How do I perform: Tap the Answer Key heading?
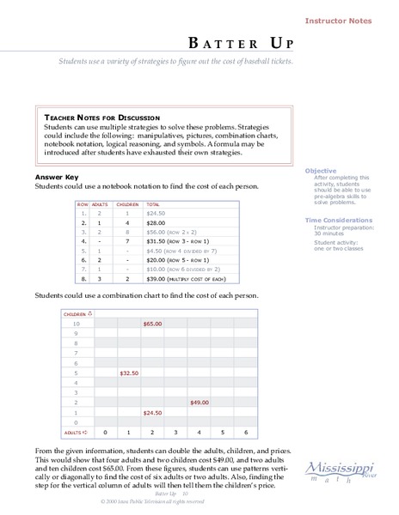pos(56,177)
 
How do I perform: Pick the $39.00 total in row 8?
pos(157,280)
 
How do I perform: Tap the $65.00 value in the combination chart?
pos(152,324)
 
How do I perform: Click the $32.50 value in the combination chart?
pos(129,373)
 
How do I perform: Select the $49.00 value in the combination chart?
pos(199,402)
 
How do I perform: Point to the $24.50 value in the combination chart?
pos(152,412)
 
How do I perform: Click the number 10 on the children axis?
pos(76,325)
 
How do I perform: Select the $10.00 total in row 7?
pos(156,270)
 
